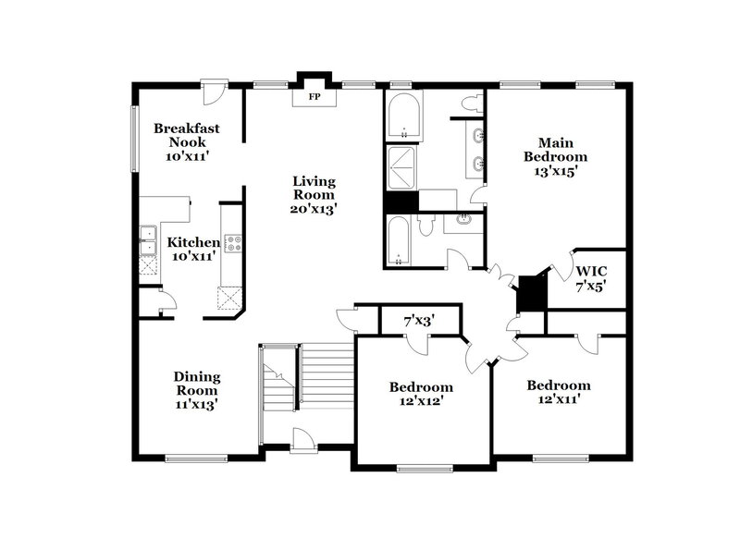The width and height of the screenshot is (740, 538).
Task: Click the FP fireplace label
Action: (314, 95)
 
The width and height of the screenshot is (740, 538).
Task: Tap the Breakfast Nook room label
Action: (187, 142)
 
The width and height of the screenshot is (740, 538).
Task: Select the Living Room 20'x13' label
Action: (314, 195)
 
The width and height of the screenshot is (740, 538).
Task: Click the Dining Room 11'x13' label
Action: (197, 390)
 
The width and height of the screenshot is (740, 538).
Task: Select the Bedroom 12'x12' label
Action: (421, 394)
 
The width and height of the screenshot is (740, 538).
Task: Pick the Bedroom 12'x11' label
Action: (559, 392)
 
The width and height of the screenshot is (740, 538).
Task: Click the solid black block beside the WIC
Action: (531, 294)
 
